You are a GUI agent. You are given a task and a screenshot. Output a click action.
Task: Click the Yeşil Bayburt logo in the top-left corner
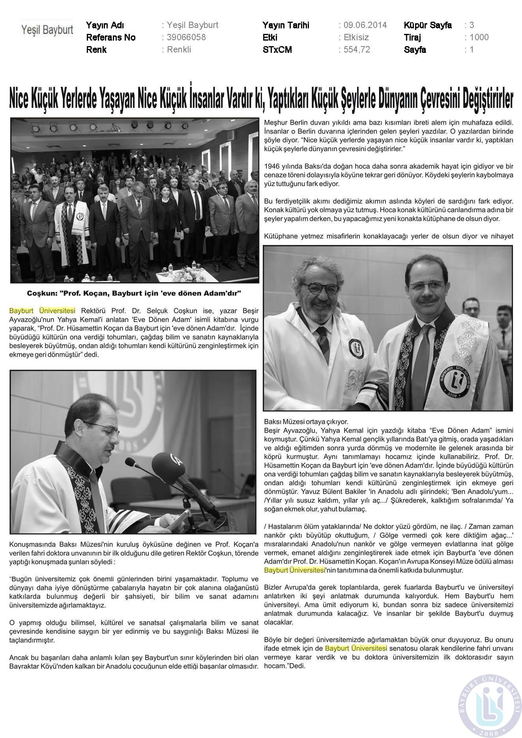[47, 30]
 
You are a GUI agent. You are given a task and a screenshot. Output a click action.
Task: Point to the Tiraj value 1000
[479, 37]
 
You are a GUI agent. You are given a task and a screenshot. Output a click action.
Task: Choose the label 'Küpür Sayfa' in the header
[428, 25]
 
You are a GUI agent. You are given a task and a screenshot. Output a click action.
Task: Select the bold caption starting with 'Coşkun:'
[134, 294]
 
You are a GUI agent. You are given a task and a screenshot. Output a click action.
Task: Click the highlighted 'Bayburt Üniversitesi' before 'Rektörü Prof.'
[42, 311]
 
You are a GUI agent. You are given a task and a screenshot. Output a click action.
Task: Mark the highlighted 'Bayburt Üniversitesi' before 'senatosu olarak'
[356, 649]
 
